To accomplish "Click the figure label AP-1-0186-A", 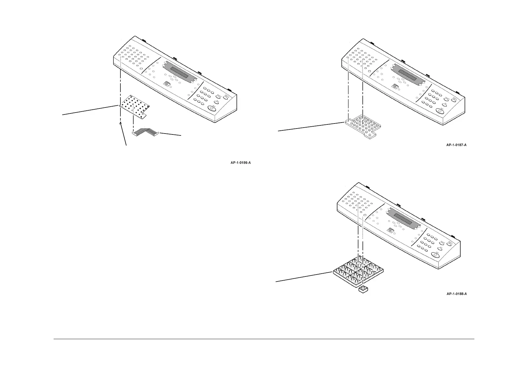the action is tap(240, 163).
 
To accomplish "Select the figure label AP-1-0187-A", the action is tap(457, 145).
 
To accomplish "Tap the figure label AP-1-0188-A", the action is tap(457, 294).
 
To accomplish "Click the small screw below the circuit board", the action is tap(120, 124).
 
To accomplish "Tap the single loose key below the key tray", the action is tap(363, 289).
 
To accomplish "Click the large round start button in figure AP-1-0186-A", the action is tap(212, 108).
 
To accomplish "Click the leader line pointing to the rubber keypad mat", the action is tap(310, 127).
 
